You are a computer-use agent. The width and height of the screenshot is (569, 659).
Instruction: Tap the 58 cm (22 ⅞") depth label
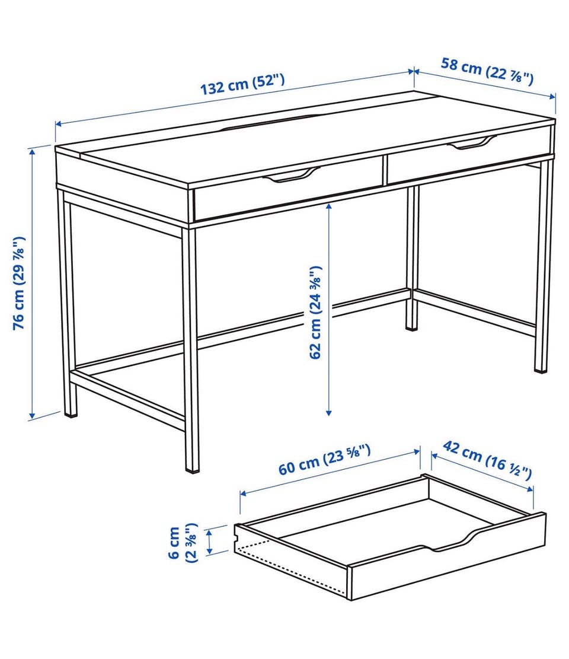487,72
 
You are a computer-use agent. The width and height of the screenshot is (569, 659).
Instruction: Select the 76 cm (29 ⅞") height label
20,283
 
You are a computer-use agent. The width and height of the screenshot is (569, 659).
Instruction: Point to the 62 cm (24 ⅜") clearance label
315,312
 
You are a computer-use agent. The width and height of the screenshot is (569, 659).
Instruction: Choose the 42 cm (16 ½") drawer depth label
488,460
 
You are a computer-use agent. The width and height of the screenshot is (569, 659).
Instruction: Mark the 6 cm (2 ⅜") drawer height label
182,542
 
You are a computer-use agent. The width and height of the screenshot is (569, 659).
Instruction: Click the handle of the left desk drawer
291,175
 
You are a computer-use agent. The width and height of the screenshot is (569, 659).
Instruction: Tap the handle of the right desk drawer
471,143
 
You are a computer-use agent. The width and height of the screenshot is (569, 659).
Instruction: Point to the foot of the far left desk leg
71,415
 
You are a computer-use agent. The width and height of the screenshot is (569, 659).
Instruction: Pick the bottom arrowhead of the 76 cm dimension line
31,416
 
